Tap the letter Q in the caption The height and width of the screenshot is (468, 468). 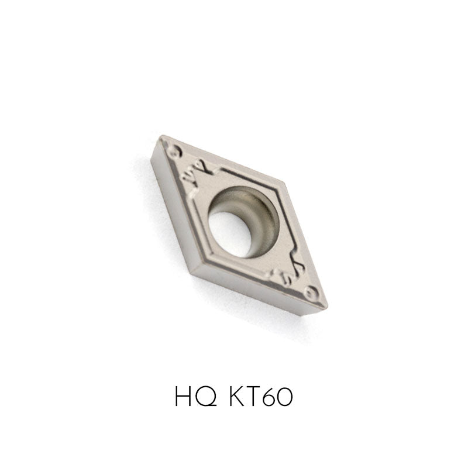[207, 397]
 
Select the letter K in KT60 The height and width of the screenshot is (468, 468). [238, 396]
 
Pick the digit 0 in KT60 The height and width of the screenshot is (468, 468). [284, 397]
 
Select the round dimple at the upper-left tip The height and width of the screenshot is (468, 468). [174, 150]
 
